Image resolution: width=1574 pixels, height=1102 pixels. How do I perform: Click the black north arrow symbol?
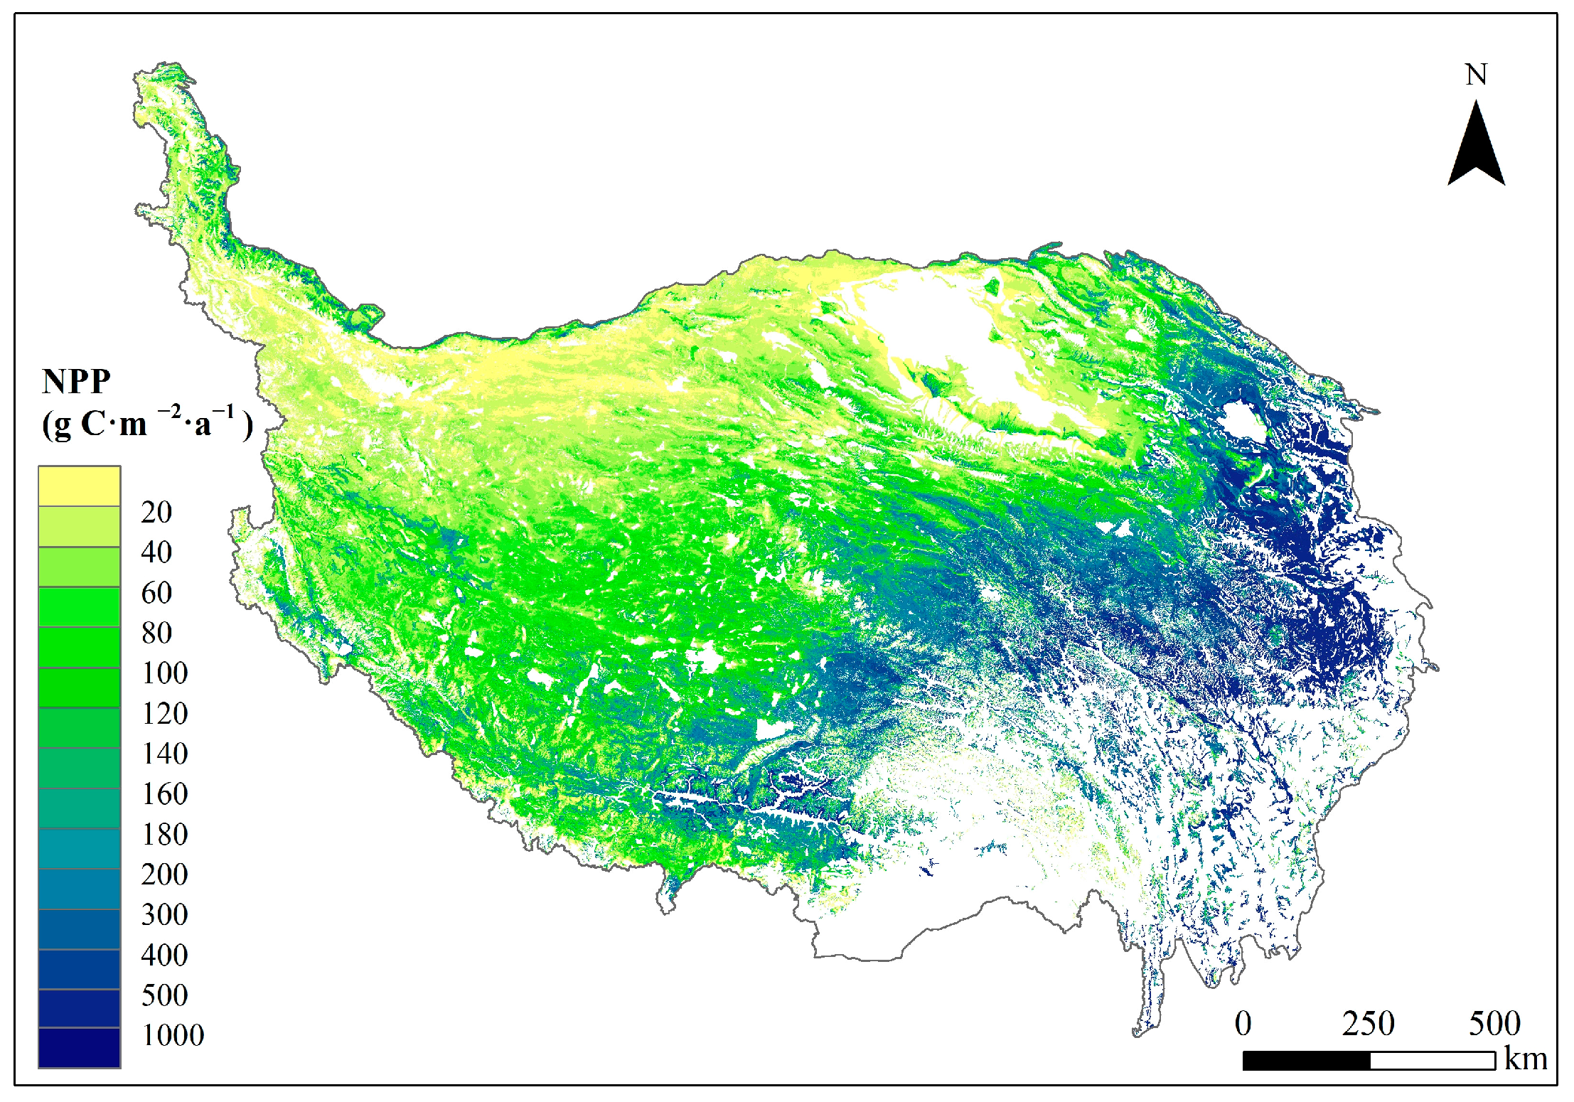pos(1476,146)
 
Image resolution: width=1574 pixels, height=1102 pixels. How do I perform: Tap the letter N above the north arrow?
pos(1476,75)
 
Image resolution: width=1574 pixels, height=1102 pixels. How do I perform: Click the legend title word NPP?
pos(76,382)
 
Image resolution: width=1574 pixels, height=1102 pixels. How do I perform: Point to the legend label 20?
pos(156,512)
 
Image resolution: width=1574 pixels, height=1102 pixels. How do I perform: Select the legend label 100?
pos(165,673)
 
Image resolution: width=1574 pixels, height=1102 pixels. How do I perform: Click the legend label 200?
pos(165,874)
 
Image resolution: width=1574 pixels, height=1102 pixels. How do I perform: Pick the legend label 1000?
pos(173,1036)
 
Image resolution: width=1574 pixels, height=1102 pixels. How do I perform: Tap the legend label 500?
pos(165,995)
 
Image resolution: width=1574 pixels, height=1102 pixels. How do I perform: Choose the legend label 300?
pos(165,915)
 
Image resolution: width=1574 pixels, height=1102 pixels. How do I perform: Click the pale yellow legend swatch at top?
pos(79,486)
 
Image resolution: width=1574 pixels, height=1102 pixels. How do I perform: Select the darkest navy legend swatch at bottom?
pos(79,1047)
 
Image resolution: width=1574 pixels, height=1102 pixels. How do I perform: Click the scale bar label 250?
pos(1368,1024)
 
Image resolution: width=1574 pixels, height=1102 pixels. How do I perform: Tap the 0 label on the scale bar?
pos(1243,1024)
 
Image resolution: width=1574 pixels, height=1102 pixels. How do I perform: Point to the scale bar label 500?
pos(1494,1024)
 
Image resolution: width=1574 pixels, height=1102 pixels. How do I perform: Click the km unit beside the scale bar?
pos(1526,1059)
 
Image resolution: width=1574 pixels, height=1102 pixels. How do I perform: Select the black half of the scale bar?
pos(1306,1061)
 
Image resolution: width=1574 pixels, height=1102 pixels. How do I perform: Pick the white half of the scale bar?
pos(1433,1061)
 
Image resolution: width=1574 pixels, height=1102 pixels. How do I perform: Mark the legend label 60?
pos(156,593)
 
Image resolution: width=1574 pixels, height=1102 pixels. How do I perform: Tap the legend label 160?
pos(165,794)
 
